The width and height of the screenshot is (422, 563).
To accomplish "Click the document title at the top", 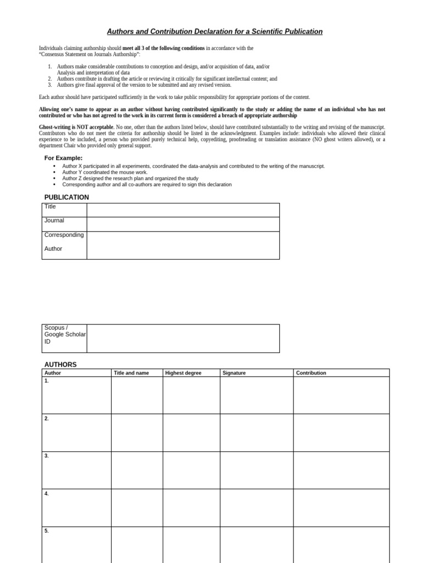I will point(215,32).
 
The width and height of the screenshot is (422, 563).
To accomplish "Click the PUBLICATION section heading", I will point(66,197).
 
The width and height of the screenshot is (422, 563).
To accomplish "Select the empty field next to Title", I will point(182,210).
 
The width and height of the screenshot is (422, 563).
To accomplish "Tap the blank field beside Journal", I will point(182,224).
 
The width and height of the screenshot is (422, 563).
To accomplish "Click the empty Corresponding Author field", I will point(182,245).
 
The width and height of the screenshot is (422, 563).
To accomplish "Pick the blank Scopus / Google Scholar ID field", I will point(182,338).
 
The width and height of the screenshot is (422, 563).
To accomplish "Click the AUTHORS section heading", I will point(60,365).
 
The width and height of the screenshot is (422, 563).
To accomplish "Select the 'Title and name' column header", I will point(131,373).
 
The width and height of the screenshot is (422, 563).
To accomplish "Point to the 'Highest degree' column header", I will point(183,373).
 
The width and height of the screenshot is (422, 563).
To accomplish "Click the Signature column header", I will point(234,373).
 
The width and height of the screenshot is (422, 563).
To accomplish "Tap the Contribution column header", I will point(311,373).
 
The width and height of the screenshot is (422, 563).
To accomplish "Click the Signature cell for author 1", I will point(256,395).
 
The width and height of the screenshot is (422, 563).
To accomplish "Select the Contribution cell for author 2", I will point(341,433).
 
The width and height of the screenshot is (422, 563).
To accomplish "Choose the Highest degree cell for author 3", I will point(191,470).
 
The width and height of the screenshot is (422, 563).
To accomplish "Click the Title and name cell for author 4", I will point(137,507).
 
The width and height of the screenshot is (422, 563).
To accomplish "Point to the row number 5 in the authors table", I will point(47,531).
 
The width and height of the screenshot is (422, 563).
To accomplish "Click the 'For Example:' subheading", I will point(64,158).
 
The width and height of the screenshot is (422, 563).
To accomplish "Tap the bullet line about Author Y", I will point(105,172).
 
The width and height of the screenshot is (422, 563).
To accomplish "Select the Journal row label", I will point(54,220).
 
